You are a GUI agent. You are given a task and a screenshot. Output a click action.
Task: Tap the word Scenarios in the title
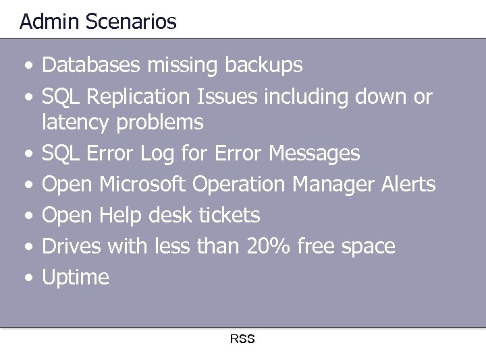131,22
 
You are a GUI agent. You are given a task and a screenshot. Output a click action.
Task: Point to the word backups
263,66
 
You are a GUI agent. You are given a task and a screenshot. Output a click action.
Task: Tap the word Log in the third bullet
157,154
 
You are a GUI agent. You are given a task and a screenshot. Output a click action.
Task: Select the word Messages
314,154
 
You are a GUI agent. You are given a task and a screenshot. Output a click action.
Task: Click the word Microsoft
142,184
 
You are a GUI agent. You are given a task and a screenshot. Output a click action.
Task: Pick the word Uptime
76,278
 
